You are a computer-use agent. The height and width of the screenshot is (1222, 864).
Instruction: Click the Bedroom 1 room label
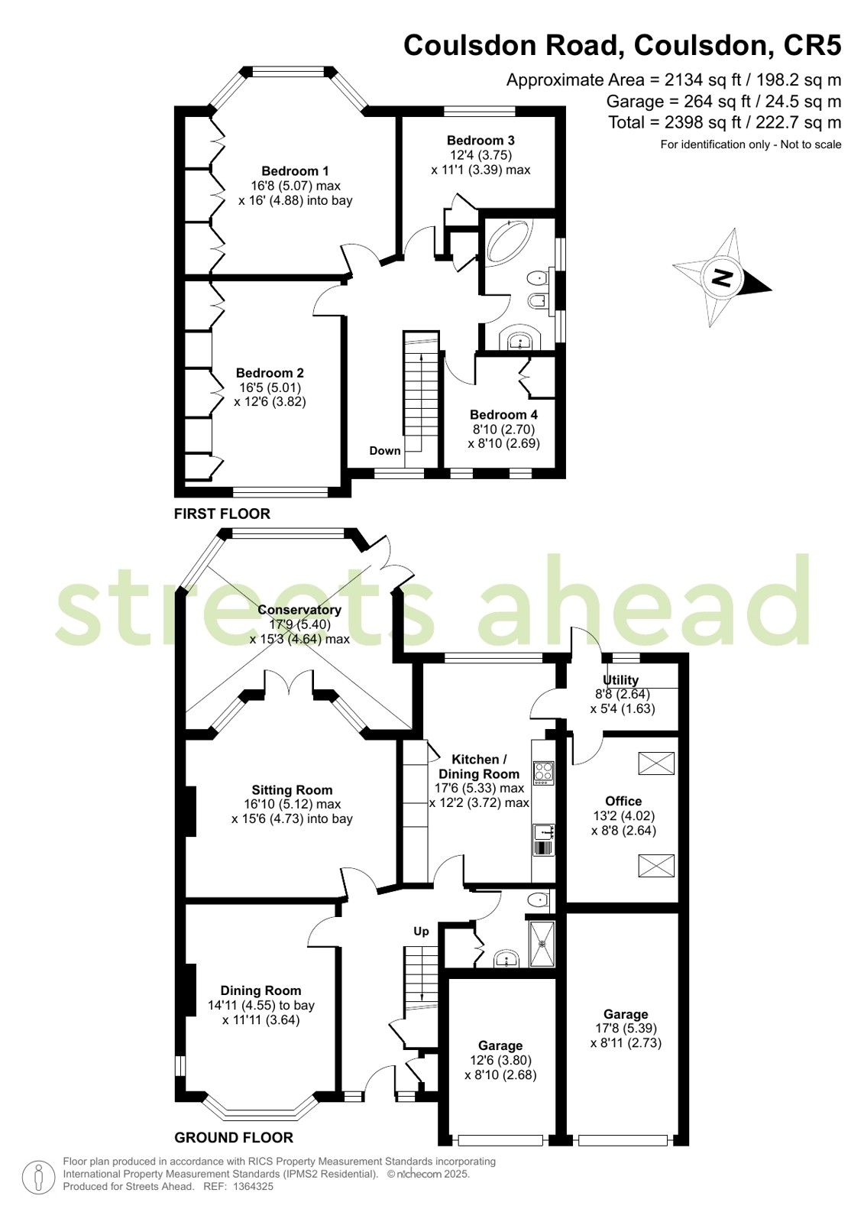[295, 170]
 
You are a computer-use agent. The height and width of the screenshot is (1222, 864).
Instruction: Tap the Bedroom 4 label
[503, 415]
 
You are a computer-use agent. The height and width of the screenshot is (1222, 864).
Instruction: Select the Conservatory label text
[299, 610]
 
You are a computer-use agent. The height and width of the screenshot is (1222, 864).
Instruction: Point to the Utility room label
[621, 679]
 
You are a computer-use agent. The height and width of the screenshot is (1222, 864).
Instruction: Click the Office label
[623, 801]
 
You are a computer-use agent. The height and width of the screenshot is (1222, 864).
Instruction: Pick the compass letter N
[722, 278]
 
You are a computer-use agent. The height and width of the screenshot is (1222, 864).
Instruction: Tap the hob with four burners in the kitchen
[543, 773]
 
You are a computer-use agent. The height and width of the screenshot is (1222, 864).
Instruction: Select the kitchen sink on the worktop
[543, 832]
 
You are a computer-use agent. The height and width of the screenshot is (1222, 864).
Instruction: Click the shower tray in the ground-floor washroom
[542, 943]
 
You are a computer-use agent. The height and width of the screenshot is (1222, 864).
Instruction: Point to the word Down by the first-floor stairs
[385, 451]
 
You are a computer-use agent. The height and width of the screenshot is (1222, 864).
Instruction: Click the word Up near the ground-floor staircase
[421, 932]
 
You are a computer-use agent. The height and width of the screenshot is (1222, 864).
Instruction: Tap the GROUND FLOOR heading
[234, 1137]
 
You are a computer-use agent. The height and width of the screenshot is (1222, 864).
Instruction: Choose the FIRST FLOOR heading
[222, 514]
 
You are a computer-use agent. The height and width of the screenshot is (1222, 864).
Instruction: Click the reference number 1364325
[253, 1187]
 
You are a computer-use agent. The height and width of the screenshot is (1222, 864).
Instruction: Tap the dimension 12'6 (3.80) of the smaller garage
[500, 1060]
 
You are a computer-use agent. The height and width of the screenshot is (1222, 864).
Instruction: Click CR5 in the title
[812, 45]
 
